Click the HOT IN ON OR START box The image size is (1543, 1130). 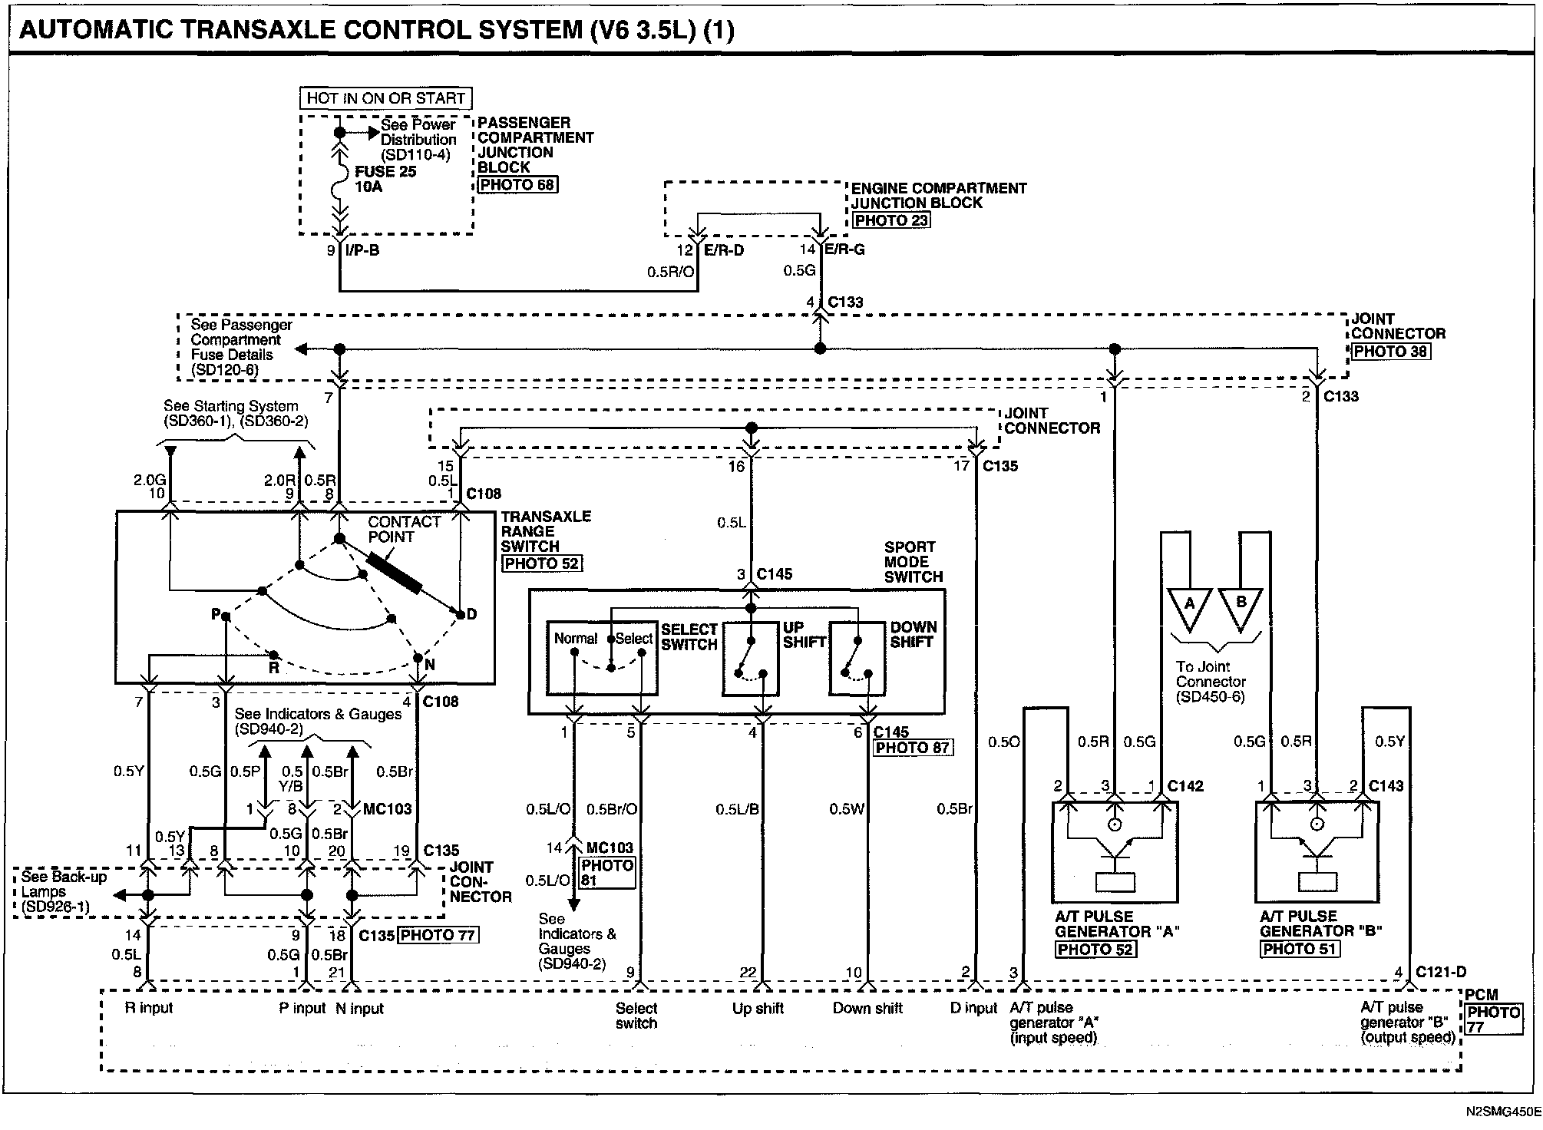pos(385,98)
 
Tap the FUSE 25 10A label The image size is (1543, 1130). pos(385,179)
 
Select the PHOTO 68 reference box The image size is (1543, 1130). pos(517,184)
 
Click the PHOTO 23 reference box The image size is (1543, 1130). pos(891,220)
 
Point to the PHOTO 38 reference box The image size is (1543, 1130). pos(1391,352)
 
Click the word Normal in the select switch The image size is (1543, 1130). pos(576,638)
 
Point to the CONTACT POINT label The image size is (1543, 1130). pos(404,529)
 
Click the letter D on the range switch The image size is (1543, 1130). pos(471,614)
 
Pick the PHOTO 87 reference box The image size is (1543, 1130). pos(913,748)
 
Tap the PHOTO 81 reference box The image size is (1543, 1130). pos(608,874)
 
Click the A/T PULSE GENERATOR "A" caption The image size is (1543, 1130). pos(1117,923)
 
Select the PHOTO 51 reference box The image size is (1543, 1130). pos(1300,949)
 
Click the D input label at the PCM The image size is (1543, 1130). pos(973,1008)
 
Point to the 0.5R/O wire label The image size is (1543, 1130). pos(671,272)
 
